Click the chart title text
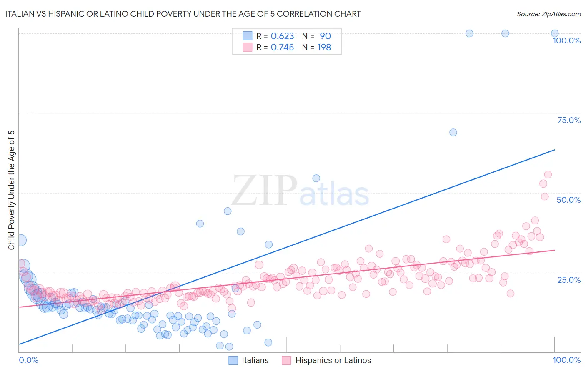coord(183,14)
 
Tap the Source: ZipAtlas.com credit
coord(548,14)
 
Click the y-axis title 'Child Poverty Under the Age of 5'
coord(11,190)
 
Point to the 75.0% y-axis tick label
coord(569,120)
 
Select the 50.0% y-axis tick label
coord(568,200)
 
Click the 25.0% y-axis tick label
coord(569,279)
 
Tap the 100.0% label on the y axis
coord(566,40)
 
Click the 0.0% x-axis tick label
coord(28,360)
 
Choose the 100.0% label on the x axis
coord(566,360)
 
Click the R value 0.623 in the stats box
coord(282,36)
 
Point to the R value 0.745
coord(282,48)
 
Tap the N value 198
coord(324,48)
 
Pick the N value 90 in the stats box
coord(325,36)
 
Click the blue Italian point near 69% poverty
coord(453,132)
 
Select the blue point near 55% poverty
coord(316,178)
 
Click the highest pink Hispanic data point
coord(548,174)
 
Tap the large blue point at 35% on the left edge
coord(20,240)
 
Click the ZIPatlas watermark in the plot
coord(300,191)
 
